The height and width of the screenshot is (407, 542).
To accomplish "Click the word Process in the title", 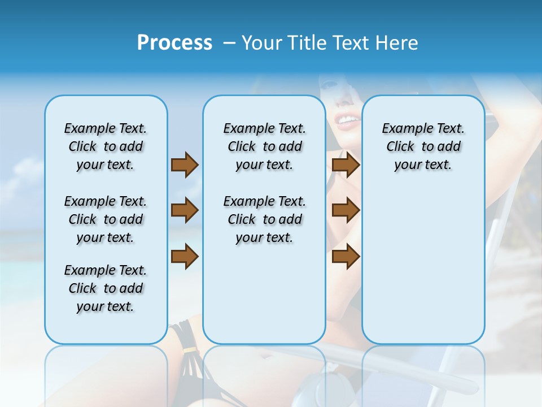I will pos(174,43).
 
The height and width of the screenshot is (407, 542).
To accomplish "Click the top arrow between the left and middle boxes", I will pos(185,164).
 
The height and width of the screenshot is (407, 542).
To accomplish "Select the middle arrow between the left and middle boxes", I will pos(185,210).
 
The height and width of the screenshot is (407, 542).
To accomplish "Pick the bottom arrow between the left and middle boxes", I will pos(185,257).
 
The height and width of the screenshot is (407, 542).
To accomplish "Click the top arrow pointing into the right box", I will pos(346,164).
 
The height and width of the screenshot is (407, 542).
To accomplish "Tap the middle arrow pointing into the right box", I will pos(346,210).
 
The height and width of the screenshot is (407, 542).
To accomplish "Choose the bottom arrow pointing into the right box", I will pos(346,257).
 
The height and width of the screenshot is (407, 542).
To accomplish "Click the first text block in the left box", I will pos(106,146).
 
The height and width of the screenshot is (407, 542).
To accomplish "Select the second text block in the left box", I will pos(106,219).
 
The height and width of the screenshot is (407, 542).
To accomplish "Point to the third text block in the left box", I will pos(106,288).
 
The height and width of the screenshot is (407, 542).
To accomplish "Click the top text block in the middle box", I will pos(264,146).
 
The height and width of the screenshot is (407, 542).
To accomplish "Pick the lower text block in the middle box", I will pos(264,219).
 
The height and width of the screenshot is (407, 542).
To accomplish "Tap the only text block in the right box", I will pos(423,146).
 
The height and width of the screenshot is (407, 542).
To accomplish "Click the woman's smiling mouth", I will pos(347,120).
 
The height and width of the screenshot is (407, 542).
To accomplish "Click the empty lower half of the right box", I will pos(423,271).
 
